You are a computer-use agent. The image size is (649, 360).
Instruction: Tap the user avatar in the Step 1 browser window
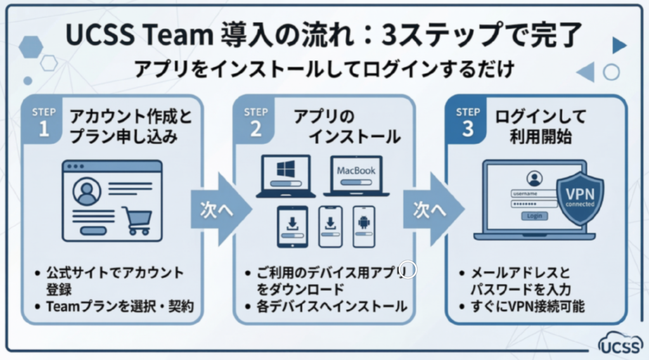pos(87,191)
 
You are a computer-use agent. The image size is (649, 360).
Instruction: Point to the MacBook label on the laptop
pos(356,170)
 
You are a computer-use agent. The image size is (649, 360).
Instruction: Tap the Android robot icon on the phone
pos(364,222)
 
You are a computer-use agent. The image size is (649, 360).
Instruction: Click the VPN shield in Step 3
pos(579,197)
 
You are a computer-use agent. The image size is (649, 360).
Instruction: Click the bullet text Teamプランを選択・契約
pos(119,307)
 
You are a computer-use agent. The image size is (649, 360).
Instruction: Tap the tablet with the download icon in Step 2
pos(292,226)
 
